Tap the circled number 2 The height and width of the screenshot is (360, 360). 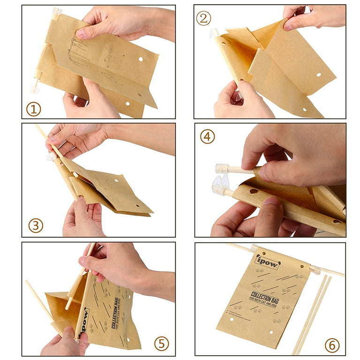[x=203, y=19]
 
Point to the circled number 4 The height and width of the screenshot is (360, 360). [x=208, y=136]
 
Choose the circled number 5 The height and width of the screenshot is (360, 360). [x=162, y=344]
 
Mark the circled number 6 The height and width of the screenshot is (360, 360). [x=332, y=345]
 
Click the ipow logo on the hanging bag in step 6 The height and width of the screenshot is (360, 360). [x=267, y=262]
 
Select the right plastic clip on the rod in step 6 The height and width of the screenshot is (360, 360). [x=314, y=270]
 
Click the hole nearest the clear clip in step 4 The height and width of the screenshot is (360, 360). [x=253, y=191]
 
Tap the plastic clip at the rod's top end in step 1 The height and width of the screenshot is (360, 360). [x=57, y=11]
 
